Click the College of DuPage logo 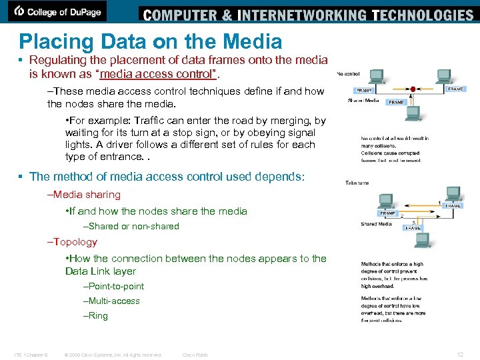[59, 11]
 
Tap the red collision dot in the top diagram [413, 87]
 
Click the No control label [349, 73]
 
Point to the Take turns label [357, 182]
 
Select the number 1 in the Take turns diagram [439, 202]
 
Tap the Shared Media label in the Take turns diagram [377, 224]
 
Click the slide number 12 [459, 354]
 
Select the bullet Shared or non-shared [133, 226]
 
